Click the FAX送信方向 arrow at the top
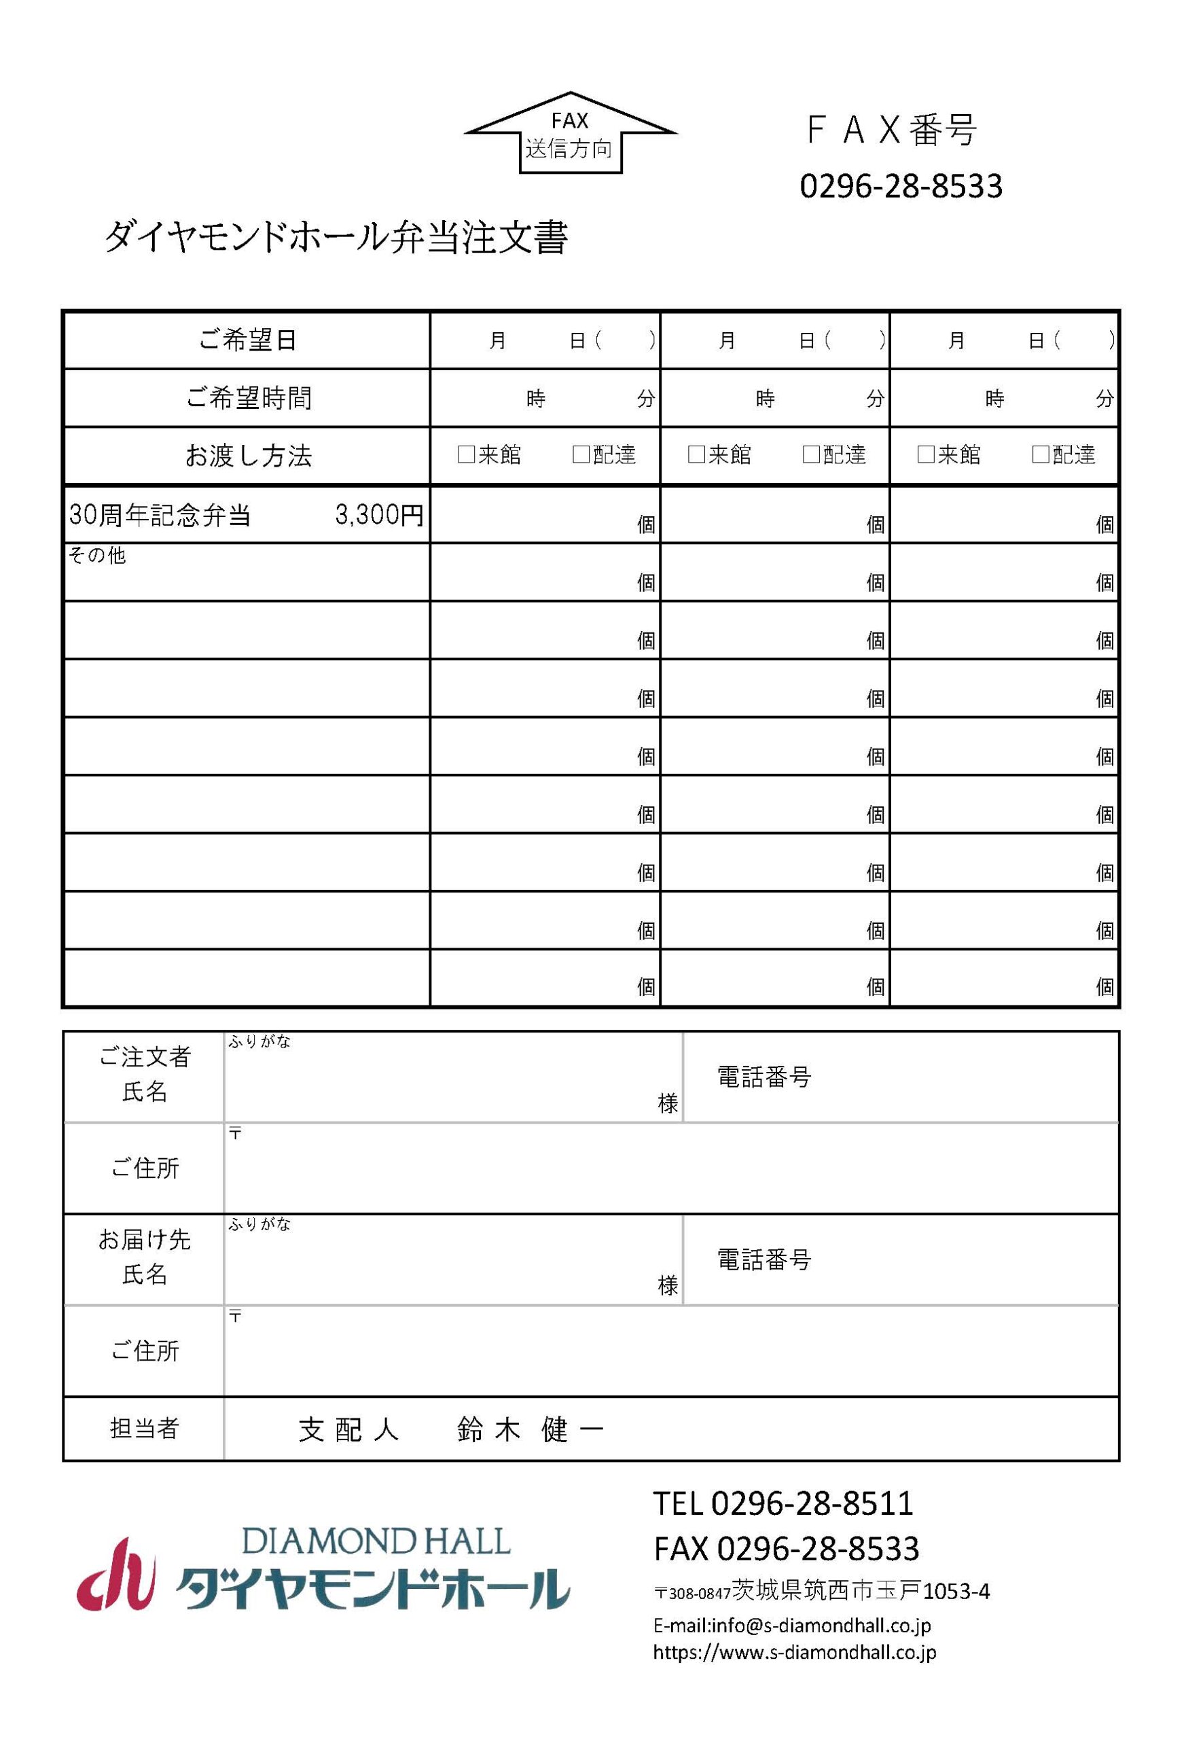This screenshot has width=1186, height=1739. click(x=570, y=135)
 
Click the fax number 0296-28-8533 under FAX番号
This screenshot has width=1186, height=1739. click(x=900, y=186)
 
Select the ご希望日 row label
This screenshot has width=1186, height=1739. click(x=247, y=340)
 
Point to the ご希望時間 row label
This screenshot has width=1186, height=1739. click(x=247, y=398)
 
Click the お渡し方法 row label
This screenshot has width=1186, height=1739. click(x=247, y=456)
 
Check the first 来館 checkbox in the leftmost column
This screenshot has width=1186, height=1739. click(x=466, y=454)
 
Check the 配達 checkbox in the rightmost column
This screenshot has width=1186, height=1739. click(x=1040, y=454)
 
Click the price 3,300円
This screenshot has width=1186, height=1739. click(x=378, y=515)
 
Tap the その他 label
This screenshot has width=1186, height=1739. click(x=97, y=555)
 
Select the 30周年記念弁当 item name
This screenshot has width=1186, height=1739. click(x=160, y=516)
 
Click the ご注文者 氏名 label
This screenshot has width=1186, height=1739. click(x=145, y=1074)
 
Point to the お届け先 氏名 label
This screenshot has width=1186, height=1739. click(x=145, y=1257)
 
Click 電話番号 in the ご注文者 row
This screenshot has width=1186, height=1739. click(x=764, y=1077)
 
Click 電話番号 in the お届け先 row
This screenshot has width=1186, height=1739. click(x=764, y=1259)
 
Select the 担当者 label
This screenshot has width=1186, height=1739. click(x=145, y=1429)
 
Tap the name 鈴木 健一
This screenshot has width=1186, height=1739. click(x=529, y=1430)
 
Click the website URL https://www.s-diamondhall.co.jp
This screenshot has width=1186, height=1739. click(x=794, y=1651)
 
